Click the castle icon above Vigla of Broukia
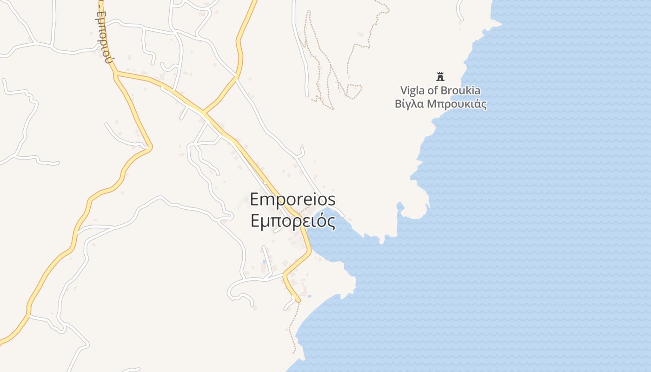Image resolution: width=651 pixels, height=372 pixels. click(440, 76)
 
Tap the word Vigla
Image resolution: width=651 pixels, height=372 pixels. click(412, 91)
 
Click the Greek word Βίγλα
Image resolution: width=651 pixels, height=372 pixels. click(408, 104)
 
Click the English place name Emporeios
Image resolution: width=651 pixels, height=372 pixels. click(292, 199)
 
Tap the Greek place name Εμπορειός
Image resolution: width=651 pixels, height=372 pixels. click(293, 221)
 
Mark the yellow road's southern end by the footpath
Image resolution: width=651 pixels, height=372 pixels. click(298, 301)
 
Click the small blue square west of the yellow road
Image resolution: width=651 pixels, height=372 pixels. click(265, 262)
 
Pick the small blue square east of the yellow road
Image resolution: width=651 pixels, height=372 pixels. click(309, 296)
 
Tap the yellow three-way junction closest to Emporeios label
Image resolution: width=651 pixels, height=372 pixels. click(203, 113)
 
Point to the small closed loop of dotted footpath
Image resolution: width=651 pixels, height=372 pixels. click(354, 91)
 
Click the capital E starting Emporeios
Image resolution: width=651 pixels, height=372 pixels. click(255, 199)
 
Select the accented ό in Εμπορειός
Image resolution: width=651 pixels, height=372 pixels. click(321, 221)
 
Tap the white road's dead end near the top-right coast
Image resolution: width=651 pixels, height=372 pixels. click(461, 20)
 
